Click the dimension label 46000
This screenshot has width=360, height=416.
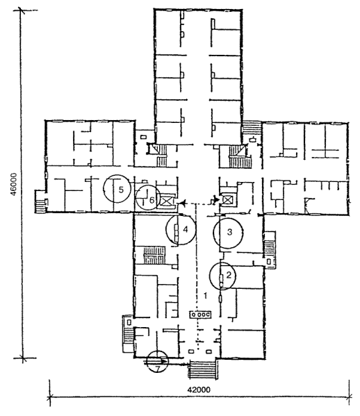point(13,184)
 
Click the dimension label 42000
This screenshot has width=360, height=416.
point(199,390)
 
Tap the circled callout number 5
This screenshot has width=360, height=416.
point(122,190)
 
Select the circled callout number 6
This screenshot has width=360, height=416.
point(152,200)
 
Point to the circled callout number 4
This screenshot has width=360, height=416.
point(186,229)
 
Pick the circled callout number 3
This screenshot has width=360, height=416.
point(229,232)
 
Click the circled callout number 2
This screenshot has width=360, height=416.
point(229,275)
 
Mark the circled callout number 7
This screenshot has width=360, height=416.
point(158,369)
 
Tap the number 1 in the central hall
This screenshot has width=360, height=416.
point(205,296)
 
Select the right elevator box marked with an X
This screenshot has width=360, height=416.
point(227,199)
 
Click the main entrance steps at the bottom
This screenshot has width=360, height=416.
point(203,371)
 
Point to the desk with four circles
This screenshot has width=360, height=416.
point(200,315)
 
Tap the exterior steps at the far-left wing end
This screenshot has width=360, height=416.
point(40,206)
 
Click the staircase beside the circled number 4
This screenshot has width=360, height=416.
point(154,255)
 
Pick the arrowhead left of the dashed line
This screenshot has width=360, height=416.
point(183,203)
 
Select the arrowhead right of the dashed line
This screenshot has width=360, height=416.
point(216,199)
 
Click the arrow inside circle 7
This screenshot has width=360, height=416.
point(156,361)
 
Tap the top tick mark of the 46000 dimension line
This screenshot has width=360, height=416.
point(22,10)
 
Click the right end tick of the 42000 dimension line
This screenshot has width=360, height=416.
point(350,397)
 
